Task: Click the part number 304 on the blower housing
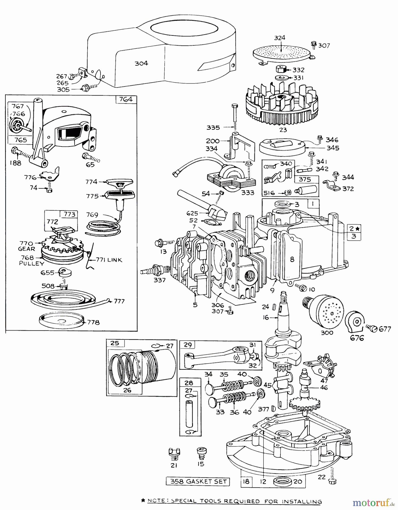(x=141, y=63)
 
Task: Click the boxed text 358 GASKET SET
(x=198, y=481)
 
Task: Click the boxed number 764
(x=126, y=100)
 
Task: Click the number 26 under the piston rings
(x=127, y=390)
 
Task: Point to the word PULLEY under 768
(x=32, y=263)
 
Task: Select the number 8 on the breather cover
(x=292, y=259)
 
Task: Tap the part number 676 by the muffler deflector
(x=357, y=338)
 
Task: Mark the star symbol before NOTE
(x=143, y=501)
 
